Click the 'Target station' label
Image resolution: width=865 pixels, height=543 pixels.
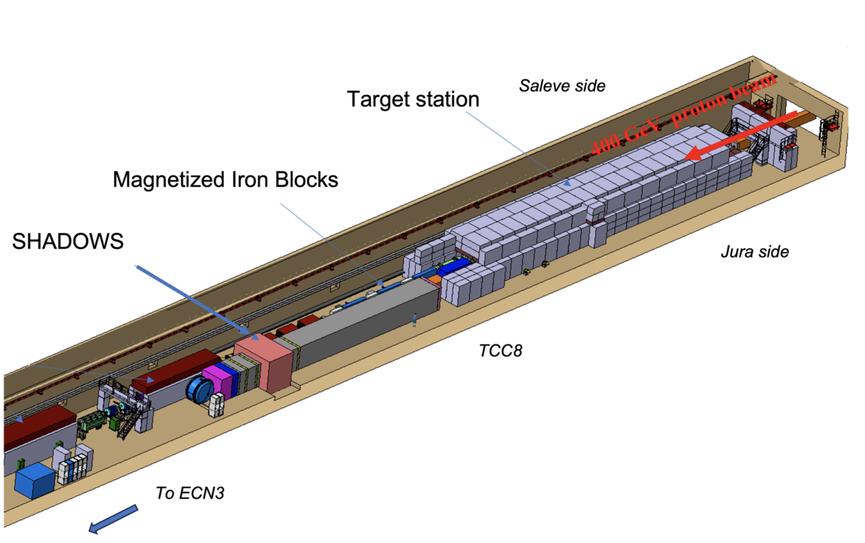[413, 99]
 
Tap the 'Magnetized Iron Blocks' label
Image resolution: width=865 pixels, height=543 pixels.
[225, 180]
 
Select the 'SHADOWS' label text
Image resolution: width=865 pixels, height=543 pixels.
[68, 241]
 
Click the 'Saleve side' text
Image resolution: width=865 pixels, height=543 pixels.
[562, 86]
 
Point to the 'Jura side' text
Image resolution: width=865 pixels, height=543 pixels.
[754, 252]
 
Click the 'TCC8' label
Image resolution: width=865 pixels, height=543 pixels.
[500, 350]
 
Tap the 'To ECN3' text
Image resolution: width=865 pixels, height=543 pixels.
[190, 493]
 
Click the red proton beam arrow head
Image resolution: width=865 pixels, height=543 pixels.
[696, 152]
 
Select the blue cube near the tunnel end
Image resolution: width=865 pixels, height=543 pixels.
[35, 480]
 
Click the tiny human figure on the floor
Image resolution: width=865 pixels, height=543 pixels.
[415, 320]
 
